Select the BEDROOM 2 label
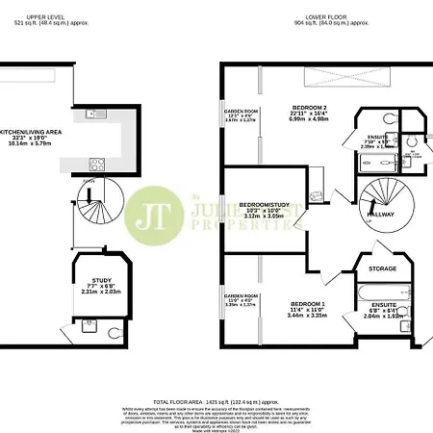coord(308,107)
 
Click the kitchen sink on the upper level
coord(99,116)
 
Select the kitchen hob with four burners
coord(96,163)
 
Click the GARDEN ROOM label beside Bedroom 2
coord(242,112)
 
